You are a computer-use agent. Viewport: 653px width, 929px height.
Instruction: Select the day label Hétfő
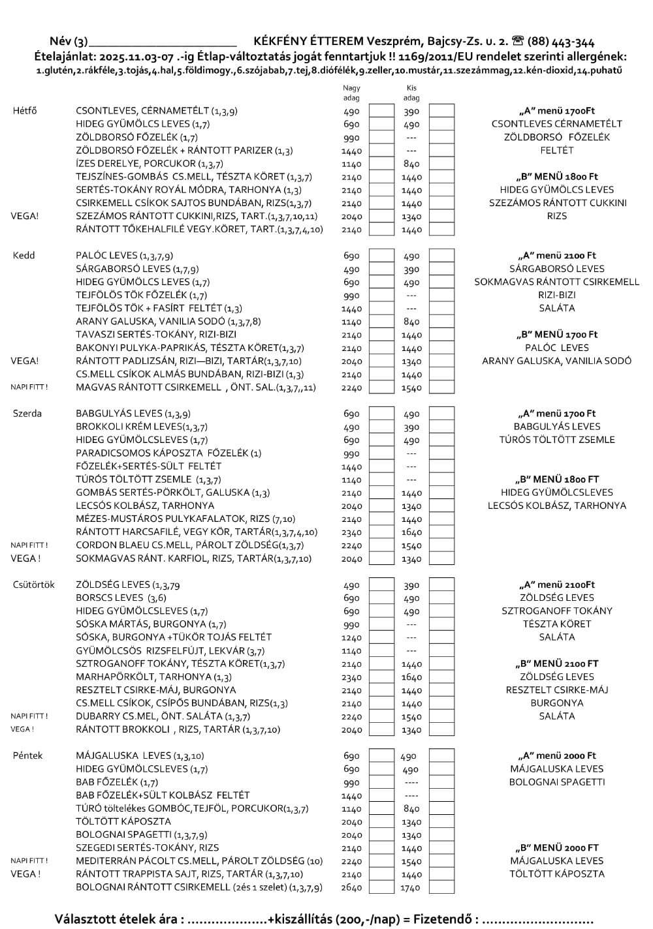pyautogui.click(x=25, y=111)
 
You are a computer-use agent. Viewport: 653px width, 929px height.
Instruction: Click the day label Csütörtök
pyautogui.click(x=34, y=585)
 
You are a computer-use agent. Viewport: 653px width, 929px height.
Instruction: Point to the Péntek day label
pyautogui.click(x=28, y=755)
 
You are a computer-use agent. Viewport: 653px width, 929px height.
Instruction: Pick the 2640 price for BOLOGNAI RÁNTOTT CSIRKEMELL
pyautogui.click(x=351, y=887)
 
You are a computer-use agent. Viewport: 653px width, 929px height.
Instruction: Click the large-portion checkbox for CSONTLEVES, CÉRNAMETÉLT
pyautogui.click(x=381, y=111)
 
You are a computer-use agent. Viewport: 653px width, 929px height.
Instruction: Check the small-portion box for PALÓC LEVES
pyautogui.click(x=441, y=256)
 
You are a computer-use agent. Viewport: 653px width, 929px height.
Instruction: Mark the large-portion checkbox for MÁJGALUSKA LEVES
pyautogui.click(x=381, y=755)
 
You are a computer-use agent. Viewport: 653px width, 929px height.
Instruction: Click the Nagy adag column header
pyautogui.click(x=351, y=93)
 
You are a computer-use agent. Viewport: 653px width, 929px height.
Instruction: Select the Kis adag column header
pyautogui.click(x=411, y=93)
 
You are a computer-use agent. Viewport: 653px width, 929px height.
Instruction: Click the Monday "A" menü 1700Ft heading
pyautogui.click(x=556, y=111)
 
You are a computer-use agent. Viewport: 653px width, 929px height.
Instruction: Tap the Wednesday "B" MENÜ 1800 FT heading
pyautogui.click(x=557, y=479)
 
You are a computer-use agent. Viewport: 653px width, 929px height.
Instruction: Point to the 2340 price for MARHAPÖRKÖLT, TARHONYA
pyautogui.click(x=351, y=677)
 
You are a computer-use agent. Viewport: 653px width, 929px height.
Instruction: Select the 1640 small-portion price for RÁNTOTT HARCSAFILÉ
pyautogui.click(x=411, y=532)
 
